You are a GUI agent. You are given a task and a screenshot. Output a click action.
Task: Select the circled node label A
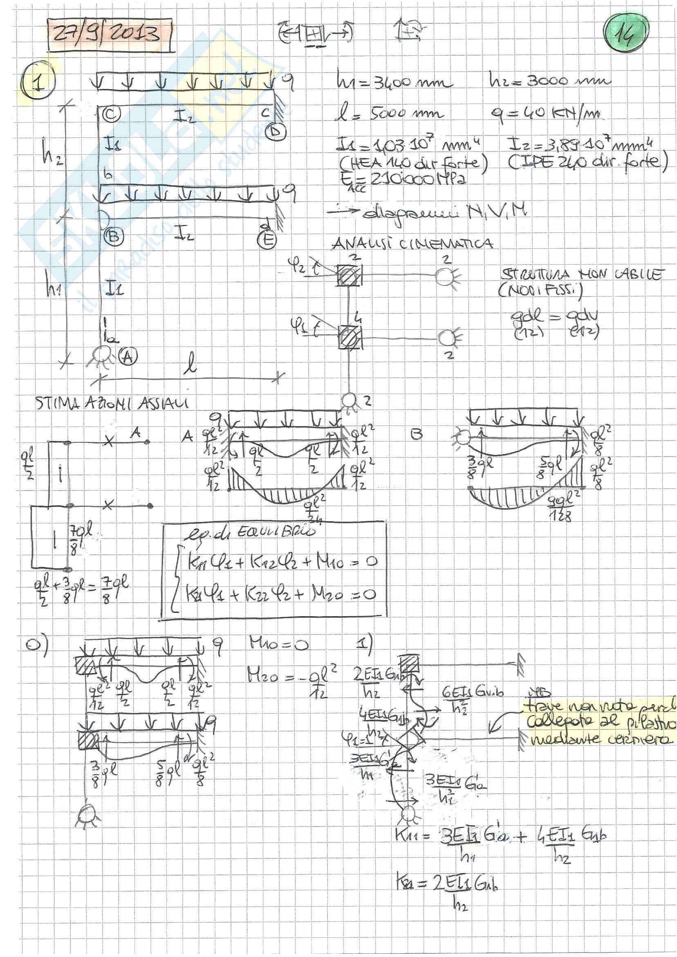point(127,356)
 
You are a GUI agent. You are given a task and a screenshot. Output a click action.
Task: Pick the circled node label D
point(276,132)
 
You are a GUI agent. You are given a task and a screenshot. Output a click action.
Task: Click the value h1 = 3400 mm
point(394,82)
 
